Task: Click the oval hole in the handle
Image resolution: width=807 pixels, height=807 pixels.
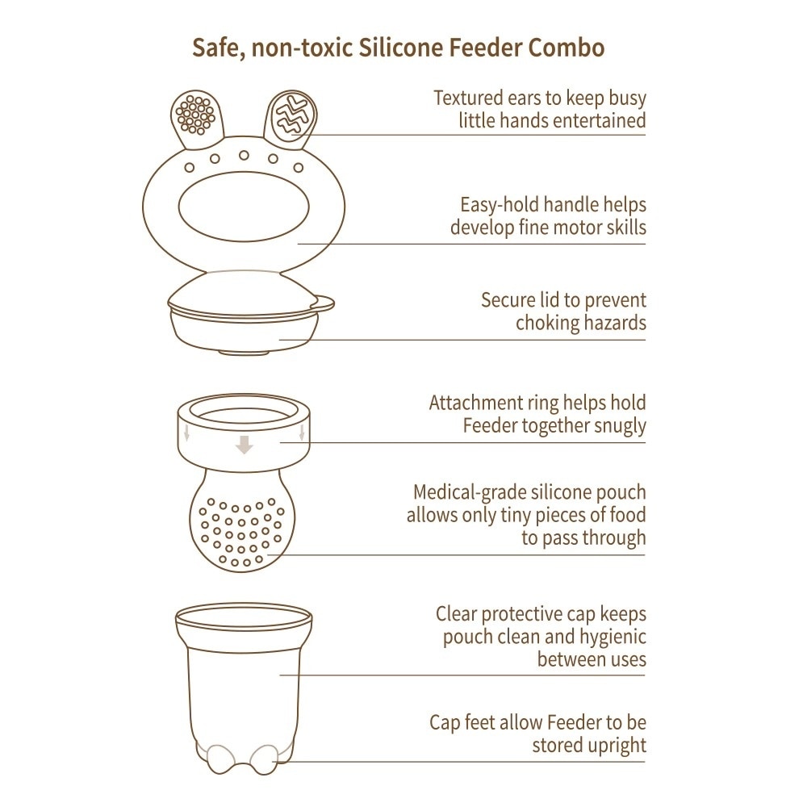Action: pos(244,211)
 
